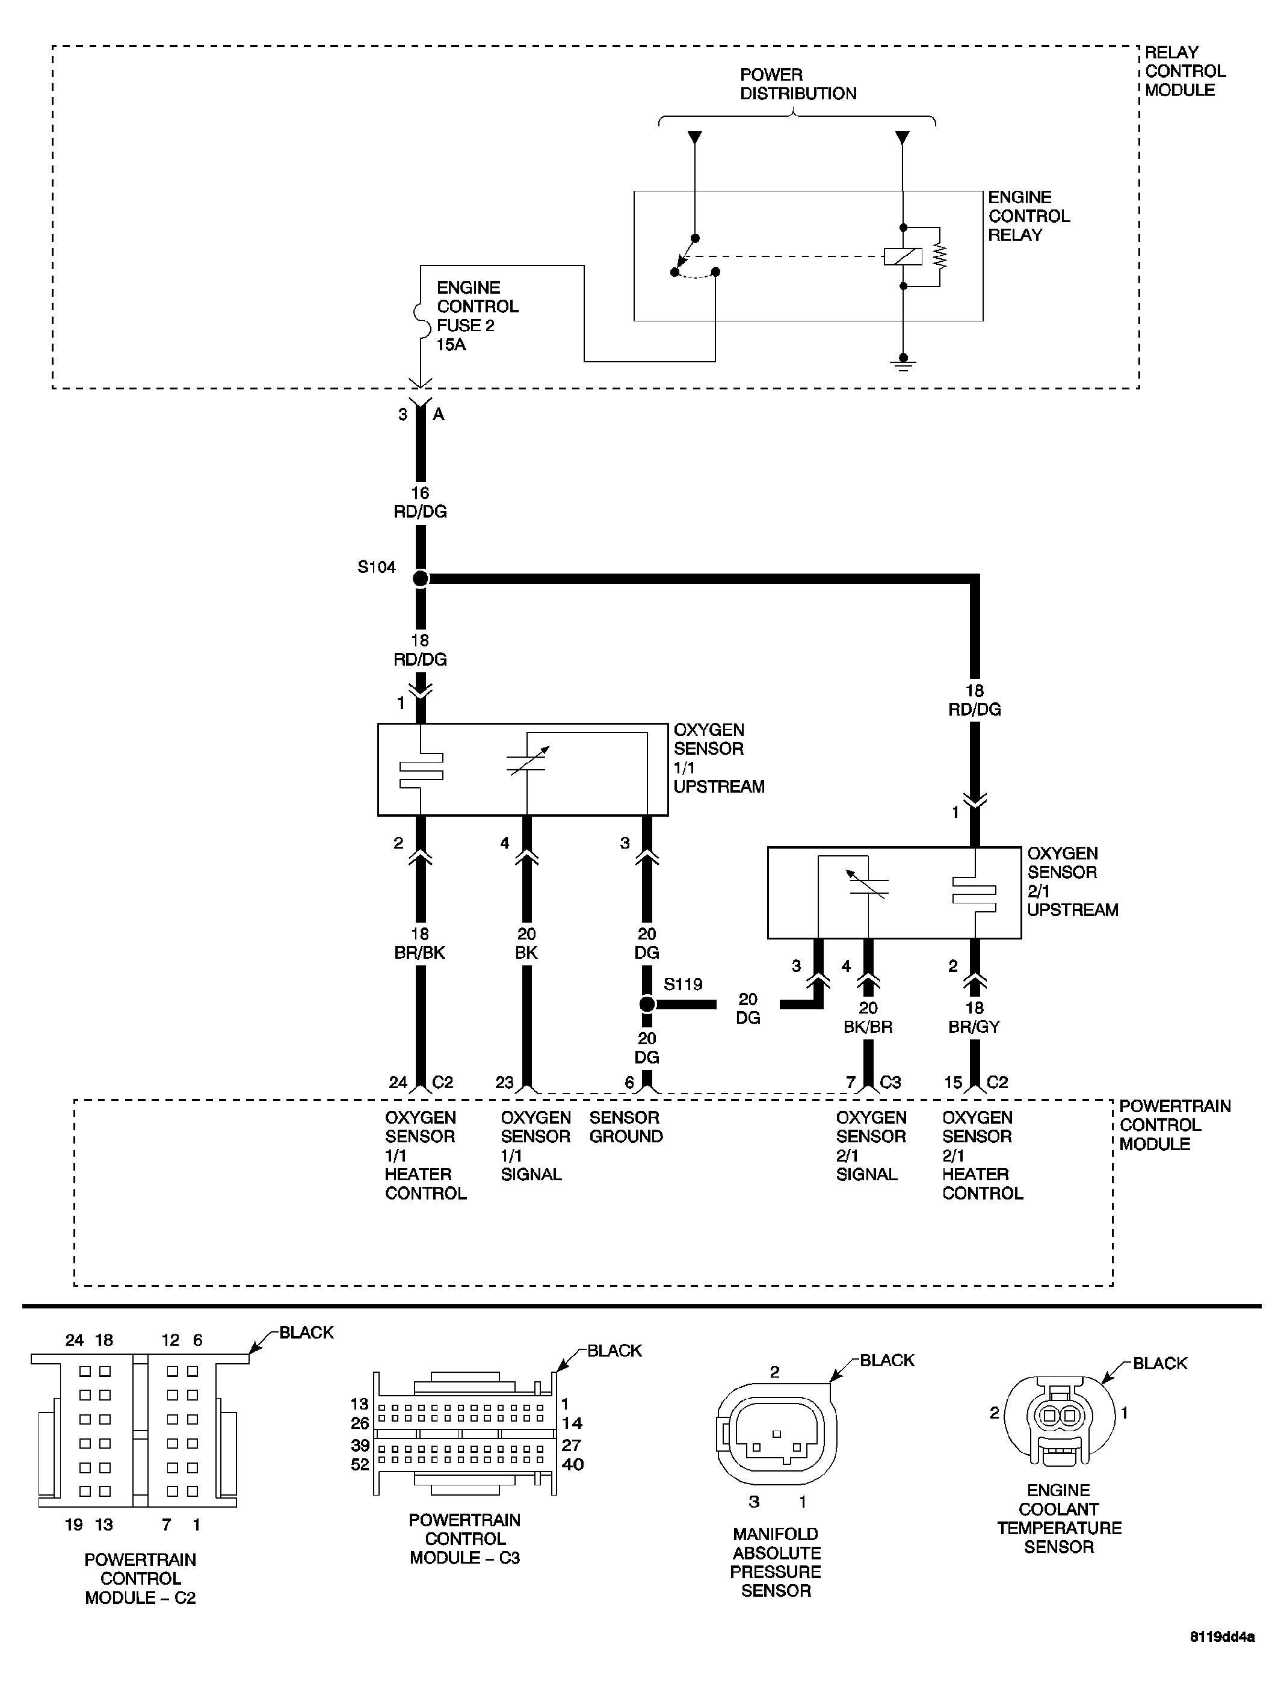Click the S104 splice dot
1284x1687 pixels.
point(421,578)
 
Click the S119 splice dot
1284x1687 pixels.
point(647,1004)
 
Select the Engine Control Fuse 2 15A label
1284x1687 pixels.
point(477,316)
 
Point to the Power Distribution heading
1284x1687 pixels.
point(797,84)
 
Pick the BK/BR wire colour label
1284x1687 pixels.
point(868,1027)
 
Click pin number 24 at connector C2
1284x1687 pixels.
point(398,1082)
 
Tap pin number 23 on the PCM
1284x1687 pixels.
point(504,1082)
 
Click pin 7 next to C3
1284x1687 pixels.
point(850,1082)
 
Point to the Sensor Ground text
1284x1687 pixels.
point(625,1127)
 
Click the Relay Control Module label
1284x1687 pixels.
point(1184,71)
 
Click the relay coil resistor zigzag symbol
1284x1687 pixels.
point(939,256)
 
